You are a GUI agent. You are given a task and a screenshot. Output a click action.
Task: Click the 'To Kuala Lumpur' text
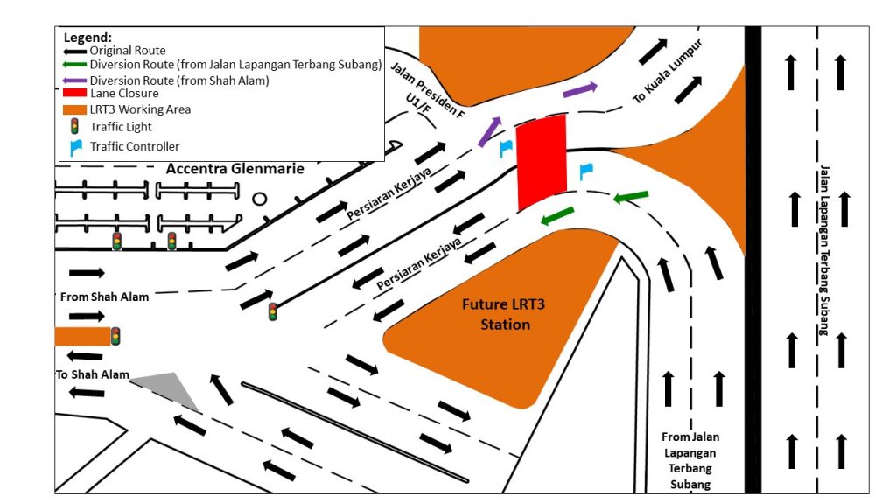tap(668, 73)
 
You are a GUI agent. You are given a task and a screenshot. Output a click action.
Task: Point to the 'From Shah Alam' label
tap(104, 297)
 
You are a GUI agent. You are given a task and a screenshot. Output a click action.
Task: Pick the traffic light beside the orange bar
tap(115, 336)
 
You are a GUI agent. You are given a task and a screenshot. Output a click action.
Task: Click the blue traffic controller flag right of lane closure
tap(585, 171)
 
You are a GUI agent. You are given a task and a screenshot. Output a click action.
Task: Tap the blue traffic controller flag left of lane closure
tap(505, 148)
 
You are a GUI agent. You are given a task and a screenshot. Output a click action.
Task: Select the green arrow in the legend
tap(74, 65)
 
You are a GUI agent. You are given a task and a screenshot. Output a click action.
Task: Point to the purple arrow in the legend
tap(74, 80)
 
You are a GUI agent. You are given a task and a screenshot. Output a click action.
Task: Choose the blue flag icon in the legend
tap(75, 146)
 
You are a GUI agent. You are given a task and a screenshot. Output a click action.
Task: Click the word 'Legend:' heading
tap(87, 38)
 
